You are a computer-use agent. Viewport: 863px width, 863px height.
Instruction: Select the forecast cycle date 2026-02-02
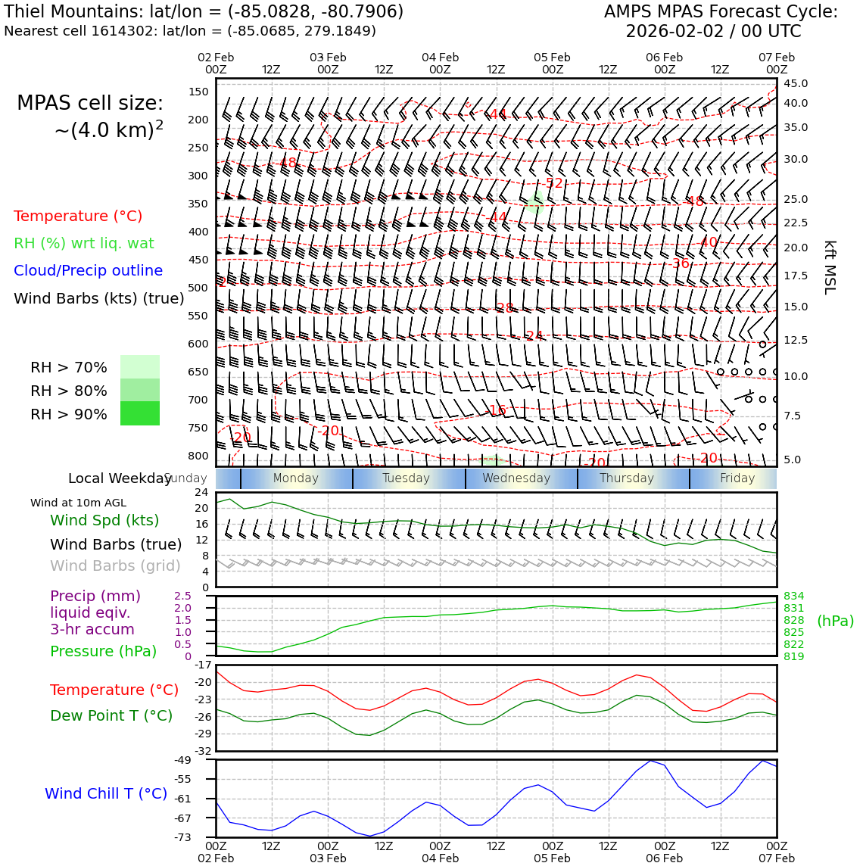[x=675, y=32]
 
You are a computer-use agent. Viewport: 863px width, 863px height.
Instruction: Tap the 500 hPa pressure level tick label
[x=198, y=288]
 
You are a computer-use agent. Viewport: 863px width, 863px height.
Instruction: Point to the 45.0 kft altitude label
[x=796, y=83]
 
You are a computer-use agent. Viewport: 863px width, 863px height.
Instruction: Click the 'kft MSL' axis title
[x=830, y=267]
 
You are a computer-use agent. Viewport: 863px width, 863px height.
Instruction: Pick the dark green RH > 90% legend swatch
[x=140, y=413]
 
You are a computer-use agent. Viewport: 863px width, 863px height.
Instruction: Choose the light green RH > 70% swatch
[x=140, y=367]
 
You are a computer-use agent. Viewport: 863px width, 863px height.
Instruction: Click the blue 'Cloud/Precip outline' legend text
[x=88, y=271]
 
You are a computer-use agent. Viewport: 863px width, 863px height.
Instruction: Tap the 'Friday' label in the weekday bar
[x=737, y=478]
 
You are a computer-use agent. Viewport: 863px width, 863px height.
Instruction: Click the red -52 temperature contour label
[x=555, y=183]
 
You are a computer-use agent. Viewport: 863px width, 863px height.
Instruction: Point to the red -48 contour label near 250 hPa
[x=288, y=163]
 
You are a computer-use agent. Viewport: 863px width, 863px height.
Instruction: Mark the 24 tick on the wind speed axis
[x=201, y=492]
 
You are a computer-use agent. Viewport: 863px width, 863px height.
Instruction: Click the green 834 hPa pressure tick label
[x=793, y=596]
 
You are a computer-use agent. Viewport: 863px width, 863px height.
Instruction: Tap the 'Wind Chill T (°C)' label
[x=106, y=793]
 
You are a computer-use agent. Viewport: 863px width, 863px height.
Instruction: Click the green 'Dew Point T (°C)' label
[x=111, y=715]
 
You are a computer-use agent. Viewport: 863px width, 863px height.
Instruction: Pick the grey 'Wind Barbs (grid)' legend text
[x=116, y=565]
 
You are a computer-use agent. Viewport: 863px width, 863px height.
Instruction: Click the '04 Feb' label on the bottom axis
[x=440, y=858]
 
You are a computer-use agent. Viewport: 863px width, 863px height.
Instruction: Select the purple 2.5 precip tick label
[x=182, y=596]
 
